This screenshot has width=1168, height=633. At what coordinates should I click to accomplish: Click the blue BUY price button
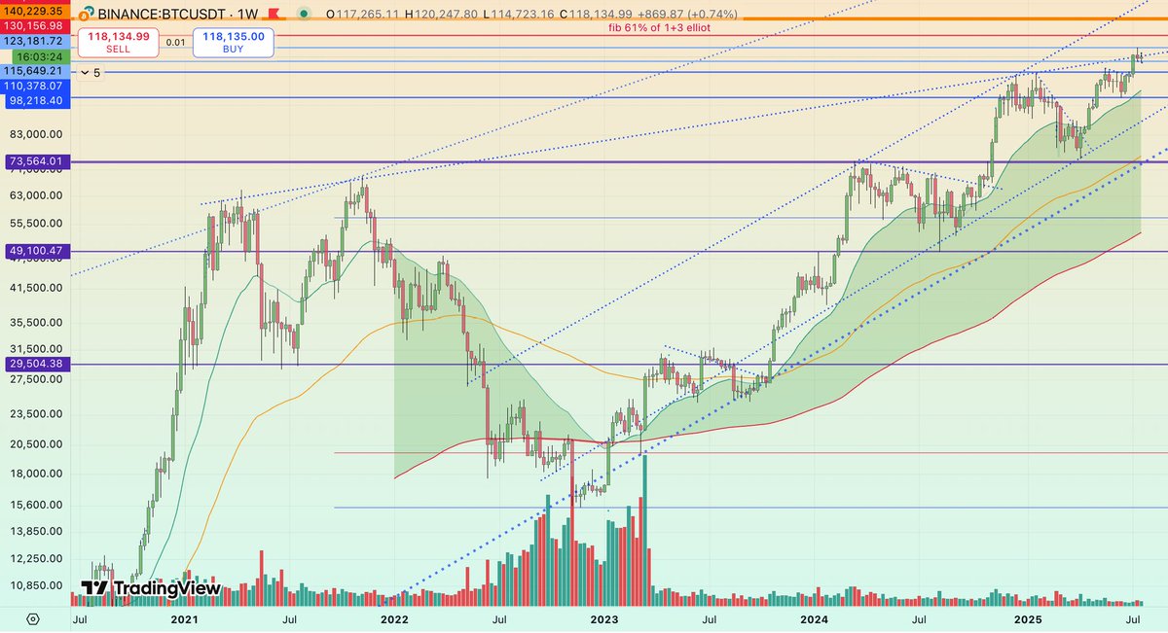point(234,42)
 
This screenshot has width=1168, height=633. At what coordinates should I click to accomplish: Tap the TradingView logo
point(151,588)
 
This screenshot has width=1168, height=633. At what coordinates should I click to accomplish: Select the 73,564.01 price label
point(35,161)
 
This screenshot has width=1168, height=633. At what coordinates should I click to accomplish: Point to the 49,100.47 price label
point(35,251)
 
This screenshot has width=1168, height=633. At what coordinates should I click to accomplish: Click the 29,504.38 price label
point(35,364)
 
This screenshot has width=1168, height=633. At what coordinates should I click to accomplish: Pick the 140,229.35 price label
point(35,10)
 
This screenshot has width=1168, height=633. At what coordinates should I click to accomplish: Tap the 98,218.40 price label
point(35,100)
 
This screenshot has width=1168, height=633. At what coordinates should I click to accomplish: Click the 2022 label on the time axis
point(393,618)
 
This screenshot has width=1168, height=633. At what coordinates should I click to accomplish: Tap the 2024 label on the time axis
point(814,618)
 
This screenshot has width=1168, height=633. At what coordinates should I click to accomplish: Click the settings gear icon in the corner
point(33,618)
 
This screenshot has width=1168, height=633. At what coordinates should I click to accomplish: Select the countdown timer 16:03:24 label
point(35,57)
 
